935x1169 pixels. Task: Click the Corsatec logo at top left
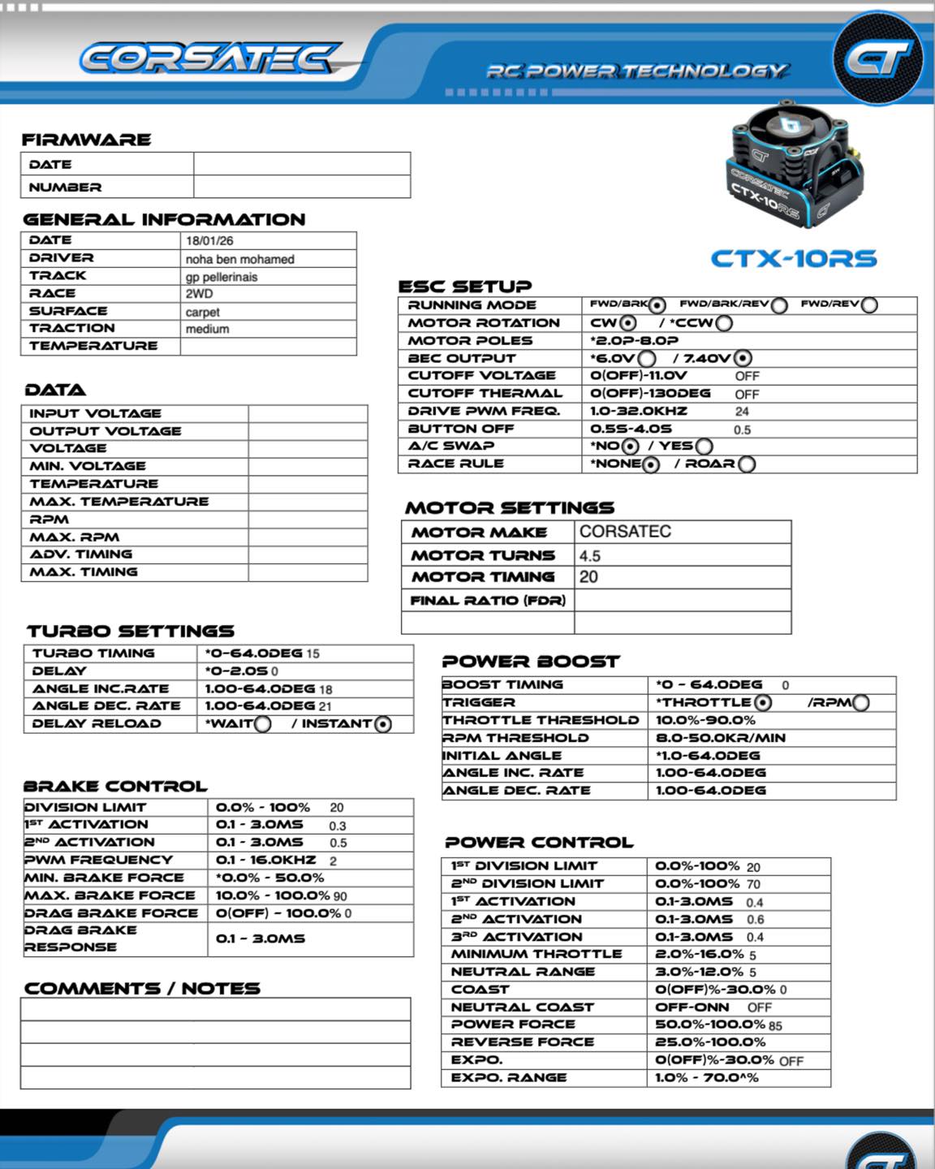pos(209,58)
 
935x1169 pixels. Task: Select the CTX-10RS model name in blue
pos(794,259)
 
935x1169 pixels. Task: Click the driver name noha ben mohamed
pos(239,259)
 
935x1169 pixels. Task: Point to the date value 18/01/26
pos(209,241)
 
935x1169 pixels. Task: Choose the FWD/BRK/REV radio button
pos(779,305)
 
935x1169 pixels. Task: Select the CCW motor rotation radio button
pos(724,323)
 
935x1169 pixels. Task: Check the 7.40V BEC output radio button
pos(743,358)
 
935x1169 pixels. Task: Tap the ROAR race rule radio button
pos(747,464)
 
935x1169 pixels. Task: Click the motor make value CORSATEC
pos(625,532)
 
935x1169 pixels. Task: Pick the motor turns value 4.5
pos(590,556)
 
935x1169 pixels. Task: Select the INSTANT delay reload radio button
pos(383,724)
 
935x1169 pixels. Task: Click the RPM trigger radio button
pos(861,703)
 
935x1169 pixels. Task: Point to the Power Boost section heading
pos(531,662)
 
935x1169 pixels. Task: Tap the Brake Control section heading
pos(115,786)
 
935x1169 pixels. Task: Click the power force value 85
pos(774,1026)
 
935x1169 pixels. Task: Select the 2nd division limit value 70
pos(753,884)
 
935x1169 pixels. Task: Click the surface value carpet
pos(202,313)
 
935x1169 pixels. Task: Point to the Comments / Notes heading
pos(142,988)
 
